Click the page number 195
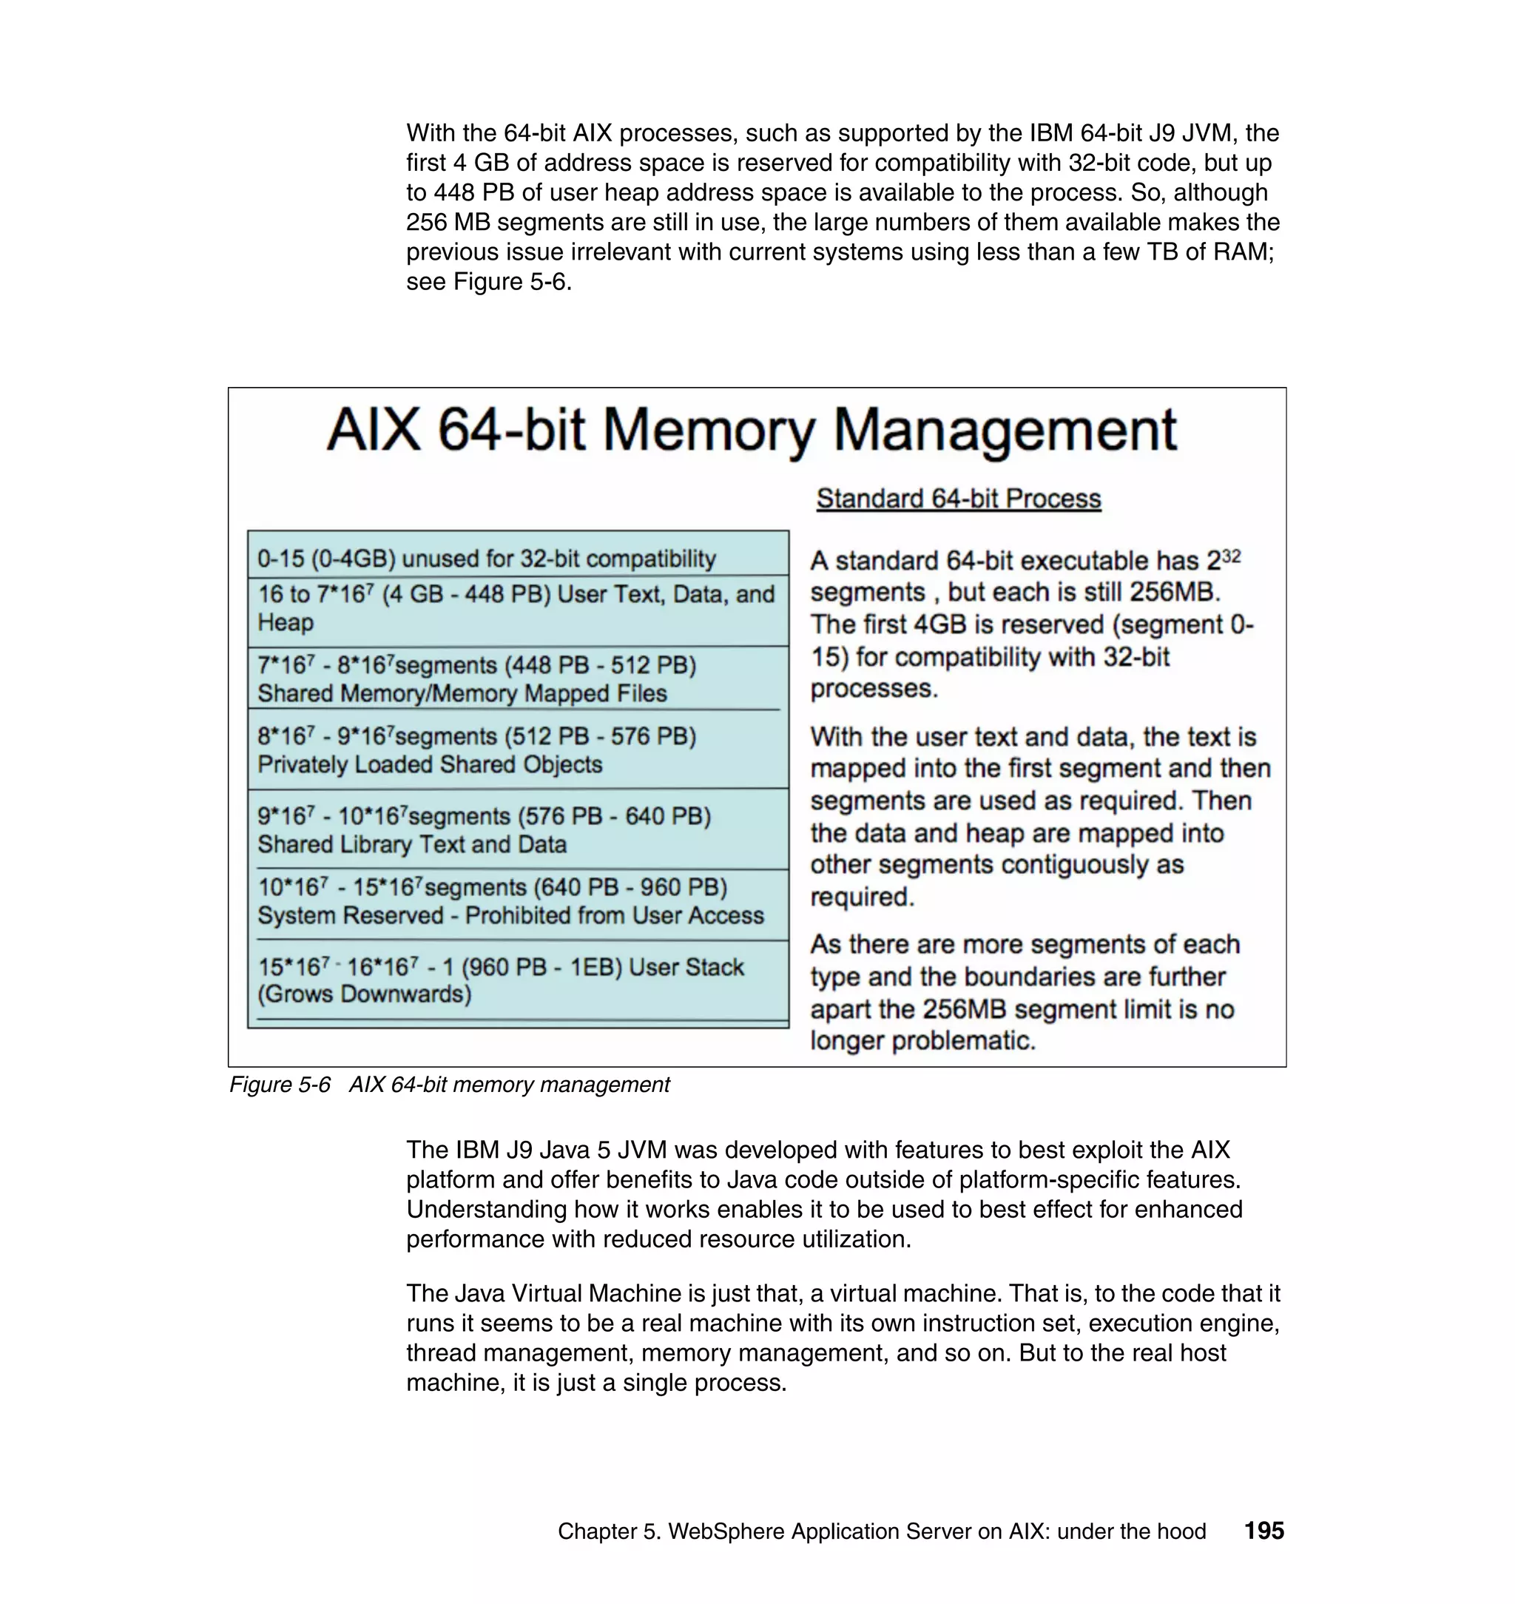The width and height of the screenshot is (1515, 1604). (x=1263, y=1531)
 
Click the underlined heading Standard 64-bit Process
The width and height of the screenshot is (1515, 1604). (x=958, y=499)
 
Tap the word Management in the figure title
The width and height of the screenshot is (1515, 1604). (x=1005, y=430)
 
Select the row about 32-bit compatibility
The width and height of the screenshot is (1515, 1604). (x=486, y=559)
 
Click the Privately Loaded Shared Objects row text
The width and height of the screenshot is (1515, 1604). (x=430, y=764)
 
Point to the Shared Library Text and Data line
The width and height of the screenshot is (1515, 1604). (x=412, y=844)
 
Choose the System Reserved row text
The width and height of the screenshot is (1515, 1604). (x=510, y=915)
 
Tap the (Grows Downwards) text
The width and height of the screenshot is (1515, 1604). (x=364, y=994)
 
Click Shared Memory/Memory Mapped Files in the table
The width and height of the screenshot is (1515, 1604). (x=462, y=693)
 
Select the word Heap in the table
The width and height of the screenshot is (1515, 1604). (x=285, y=623)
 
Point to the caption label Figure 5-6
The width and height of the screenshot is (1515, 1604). (x=280, y=1085)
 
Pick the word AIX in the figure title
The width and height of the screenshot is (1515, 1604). (x=373, y=430)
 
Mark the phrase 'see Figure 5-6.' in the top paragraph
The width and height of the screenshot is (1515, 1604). (x=488, y=281)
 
